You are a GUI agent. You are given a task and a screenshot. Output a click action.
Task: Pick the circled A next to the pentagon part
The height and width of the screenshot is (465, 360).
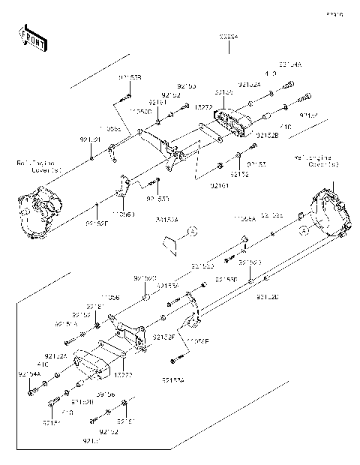coord(191,232)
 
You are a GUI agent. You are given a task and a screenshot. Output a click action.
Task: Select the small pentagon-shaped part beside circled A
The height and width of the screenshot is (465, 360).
coord(169,241)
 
